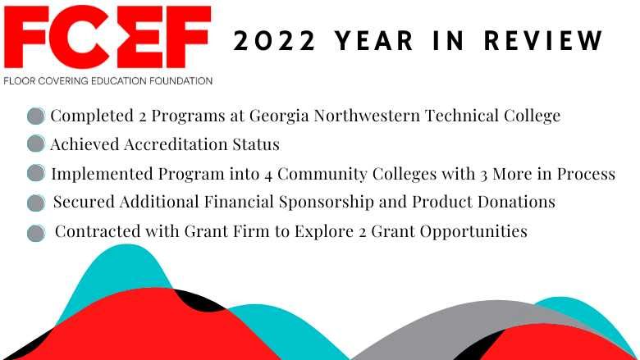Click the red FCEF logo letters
[x=107, y=39]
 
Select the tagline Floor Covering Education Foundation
[x=107, y=81]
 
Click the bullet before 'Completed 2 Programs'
[x=35, y=116]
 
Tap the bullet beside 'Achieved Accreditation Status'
[x=35, y=144]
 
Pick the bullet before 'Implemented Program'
[x=35, y=173]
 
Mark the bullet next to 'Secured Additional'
[x=35, y=203]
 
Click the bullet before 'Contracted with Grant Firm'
[x=35, y=232]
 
